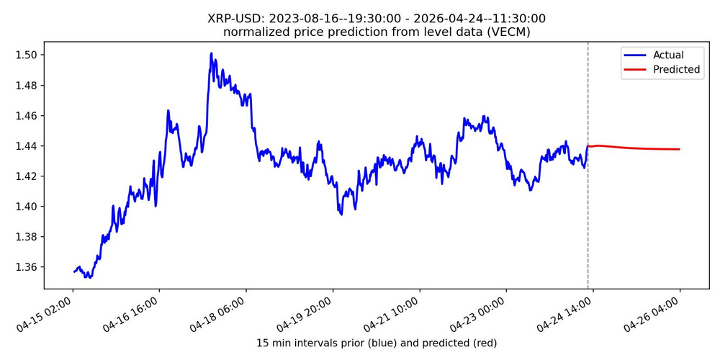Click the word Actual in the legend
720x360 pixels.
coord(668,55)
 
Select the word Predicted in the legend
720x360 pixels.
coord(676,70)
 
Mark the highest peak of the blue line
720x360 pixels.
coord(211,53)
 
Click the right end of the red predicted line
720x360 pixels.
coord(680,149)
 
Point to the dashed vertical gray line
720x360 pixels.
coord(588,216)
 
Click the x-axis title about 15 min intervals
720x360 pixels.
coord(377,343)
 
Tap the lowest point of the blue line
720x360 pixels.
coord(86,277)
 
